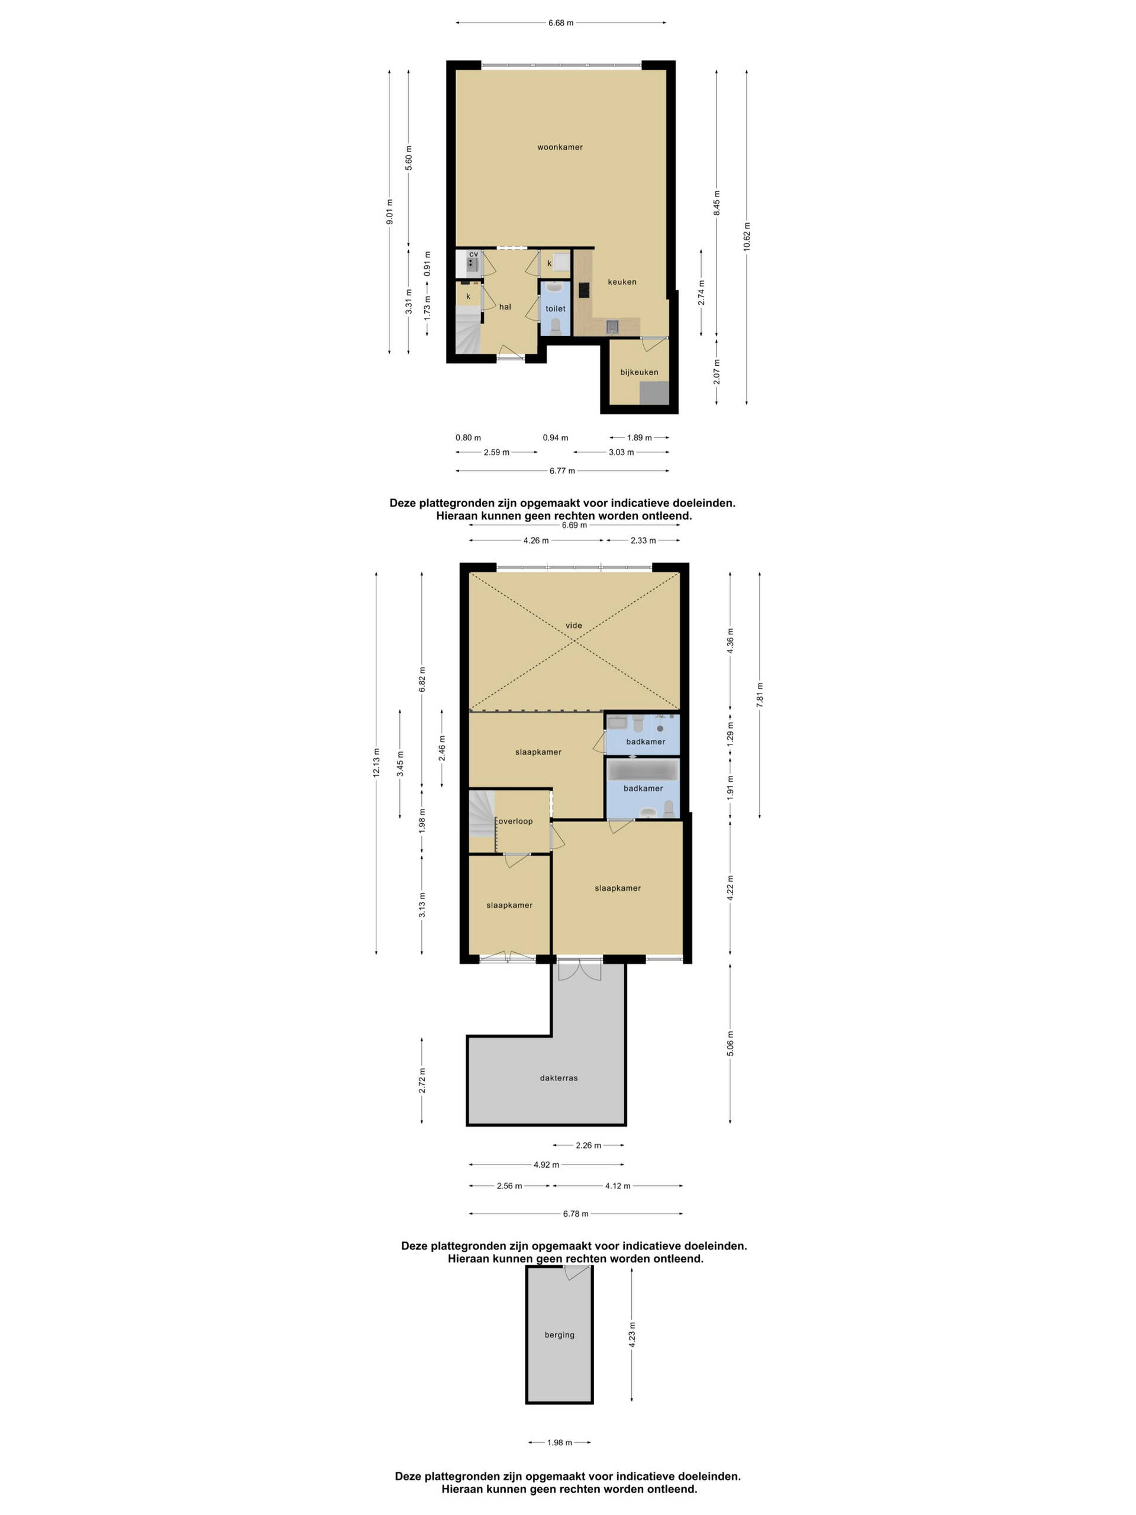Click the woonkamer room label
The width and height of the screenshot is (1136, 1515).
[560, 147]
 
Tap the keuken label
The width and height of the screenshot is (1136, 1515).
[622, 282]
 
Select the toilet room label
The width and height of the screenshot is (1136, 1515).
[556, 309]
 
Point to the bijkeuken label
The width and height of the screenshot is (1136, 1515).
[639, 373]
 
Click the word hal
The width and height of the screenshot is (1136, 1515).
[505, 307]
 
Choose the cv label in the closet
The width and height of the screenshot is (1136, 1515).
[473, 254]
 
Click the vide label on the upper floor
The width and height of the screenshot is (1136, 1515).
[573, 626]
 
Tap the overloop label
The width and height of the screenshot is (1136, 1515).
[515, 821]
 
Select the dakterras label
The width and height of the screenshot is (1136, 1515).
[559, 1078]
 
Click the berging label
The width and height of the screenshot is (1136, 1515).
[560, 1335]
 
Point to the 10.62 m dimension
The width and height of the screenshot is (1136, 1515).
[746, 236]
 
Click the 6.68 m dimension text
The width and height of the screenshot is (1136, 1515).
[561, 22]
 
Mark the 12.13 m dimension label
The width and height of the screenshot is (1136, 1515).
[376, 763]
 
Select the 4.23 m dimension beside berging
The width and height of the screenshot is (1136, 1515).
[632, 1335]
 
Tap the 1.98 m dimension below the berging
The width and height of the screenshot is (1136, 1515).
[560, 1442]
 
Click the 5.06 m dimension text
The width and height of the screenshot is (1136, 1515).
[731, 1044]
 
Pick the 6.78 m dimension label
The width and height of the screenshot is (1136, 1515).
[575, 1214]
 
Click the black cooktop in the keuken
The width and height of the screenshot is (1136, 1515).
[584, 291]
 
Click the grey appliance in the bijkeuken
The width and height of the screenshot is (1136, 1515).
[654, 393]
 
